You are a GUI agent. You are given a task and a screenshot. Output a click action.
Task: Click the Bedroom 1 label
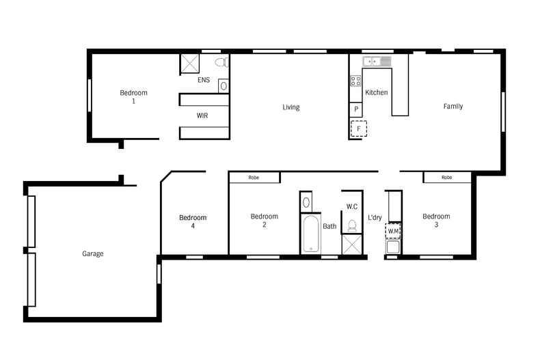coord(133,97)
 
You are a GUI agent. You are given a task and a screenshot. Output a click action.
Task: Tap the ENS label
coord(203,80)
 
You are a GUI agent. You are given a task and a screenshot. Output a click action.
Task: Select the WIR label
coord(202,115)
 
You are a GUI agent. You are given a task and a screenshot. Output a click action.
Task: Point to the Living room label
coord(291,107)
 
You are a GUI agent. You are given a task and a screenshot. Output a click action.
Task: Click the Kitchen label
coord(376,92)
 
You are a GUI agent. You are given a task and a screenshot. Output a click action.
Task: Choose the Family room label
coord(453,107)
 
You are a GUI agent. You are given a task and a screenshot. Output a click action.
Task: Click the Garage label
coord(93,253)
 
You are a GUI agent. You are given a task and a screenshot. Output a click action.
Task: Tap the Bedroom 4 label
coord(193,222)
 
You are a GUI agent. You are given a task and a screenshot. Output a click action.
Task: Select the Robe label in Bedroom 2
coord(254,178)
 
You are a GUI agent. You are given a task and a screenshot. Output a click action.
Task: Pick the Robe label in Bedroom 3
coord(446,178)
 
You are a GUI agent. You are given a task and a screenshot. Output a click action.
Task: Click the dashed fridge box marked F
coord(358,128)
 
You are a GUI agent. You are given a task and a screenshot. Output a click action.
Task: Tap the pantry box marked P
coord(356,109)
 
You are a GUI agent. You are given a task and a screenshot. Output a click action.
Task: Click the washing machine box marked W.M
coord(393,231)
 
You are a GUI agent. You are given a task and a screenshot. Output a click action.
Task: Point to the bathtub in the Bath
coord(310,234)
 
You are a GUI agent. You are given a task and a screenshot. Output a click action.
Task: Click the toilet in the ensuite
coord(220,63)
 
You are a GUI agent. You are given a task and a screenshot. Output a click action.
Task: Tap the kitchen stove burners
coord(355,81)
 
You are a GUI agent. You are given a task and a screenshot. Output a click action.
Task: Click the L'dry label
coord(375,218)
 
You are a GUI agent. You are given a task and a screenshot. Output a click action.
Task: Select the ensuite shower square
coord(189,64)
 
